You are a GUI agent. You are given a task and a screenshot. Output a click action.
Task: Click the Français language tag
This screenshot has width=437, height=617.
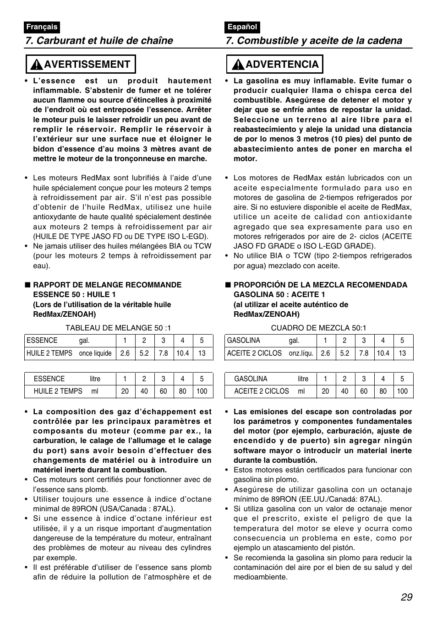coord(42,27)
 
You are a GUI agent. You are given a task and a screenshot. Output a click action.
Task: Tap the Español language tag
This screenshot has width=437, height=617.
coord(242,27)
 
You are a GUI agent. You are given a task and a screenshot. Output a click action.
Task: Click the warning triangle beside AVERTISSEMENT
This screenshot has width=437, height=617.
coord(36,65)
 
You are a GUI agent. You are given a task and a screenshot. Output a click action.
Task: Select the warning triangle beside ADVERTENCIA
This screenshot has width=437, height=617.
coord(237,65)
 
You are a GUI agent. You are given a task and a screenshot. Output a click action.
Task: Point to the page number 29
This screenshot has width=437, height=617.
coord(406,597)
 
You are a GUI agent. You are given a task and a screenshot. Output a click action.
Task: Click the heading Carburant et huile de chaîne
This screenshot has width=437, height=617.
coord(99,41)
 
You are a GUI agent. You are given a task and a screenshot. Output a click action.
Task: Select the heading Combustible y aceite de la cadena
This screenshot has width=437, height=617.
coord(314,41)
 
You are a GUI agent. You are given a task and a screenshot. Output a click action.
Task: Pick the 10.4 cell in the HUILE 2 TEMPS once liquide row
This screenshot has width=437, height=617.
coord(182,353)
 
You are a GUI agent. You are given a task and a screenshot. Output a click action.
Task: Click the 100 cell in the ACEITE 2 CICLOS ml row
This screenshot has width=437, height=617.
coord(402,391)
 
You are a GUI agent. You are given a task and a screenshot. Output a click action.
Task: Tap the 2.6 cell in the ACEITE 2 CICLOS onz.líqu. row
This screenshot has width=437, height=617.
coord(325,353)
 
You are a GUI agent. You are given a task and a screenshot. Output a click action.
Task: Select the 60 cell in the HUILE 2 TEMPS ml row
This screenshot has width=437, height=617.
coord(163,391)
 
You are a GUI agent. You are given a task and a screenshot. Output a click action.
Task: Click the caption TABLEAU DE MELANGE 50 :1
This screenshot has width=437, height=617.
coord(118,328)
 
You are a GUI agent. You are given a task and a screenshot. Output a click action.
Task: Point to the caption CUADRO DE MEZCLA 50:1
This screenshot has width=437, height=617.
coord(318,328)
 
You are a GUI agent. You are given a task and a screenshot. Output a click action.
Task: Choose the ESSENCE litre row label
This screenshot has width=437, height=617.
coord(67,379)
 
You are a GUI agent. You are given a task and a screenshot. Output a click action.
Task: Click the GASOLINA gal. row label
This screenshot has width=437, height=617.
coord(263,341)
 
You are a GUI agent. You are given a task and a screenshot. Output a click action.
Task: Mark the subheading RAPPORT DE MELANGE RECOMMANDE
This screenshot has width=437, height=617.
coord(107,285)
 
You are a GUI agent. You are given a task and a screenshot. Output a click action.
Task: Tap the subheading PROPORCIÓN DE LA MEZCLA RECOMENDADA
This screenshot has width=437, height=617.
coord(320,285)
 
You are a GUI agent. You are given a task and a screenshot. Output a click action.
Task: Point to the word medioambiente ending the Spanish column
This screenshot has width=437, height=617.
coord(260,577)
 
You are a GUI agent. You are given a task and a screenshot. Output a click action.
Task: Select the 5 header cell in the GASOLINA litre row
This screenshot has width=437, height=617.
coord(402,379)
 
